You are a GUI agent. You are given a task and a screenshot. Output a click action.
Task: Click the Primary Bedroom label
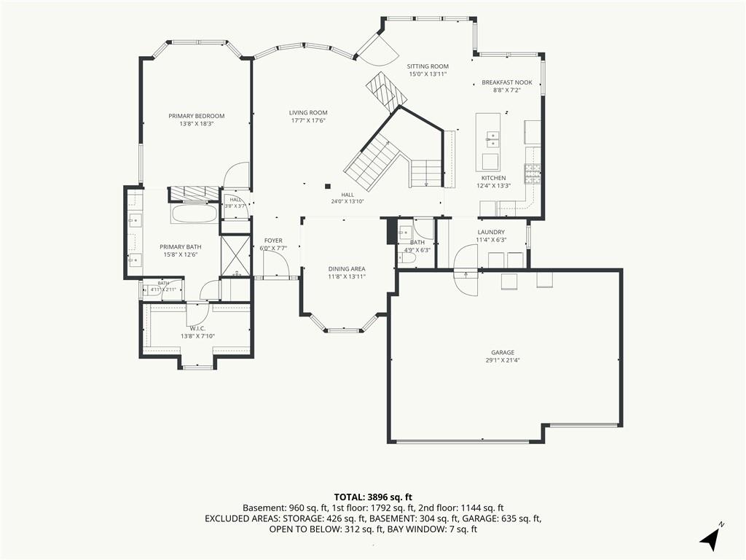coord(196,116)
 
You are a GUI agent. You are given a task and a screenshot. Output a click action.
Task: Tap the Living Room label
coord(308,113)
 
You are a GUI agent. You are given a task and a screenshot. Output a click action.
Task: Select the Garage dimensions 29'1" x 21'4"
coord(503,360)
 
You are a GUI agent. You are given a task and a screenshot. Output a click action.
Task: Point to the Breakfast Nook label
coord(507,82)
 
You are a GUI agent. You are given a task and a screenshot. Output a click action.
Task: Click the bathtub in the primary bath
coord(195,214)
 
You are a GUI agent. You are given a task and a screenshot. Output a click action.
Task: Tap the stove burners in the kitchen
coord(533,174)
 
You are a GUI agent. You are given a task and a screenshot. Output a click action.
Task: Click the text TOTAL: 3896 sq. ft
coord(373,498)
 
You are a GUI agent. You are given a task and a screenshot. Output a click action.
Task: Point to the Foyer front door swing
coord(276,263)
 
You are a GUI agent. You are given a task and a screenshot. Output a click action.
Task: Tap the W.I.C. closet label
coord(197,329)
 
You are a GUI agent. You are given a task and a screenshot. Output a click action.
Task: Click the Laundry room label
coord(491,233)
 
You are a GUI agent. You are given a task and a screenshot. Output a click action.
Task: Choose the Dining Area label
coord(346,269)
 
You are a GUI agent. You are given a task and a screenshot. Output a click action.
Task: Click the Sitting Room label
coord(428,66)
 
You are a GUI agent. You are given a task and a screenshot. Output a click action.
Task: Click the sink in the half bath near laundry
coord(406,233)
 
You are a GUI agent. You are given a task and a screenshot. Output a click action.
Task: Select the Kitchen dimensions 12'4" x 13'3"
coord(493,186)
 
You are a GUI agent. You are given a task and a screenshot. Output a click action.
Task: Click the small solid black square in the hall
coord(327,186)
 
